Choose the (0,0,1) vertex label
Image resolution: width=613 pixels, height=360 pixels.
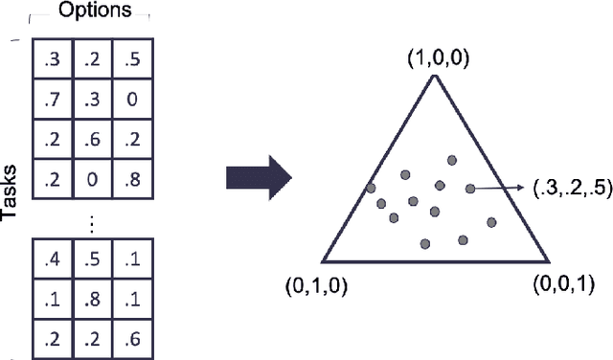point(565,285)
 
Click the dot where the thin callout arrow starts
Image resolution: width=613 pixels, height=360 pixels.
point(470,189)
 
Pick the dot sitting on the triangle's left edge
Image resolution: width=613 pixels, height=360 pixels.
point(371,188)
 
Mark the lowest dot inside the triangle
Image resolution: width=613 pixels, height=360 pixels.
point(425,243)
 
